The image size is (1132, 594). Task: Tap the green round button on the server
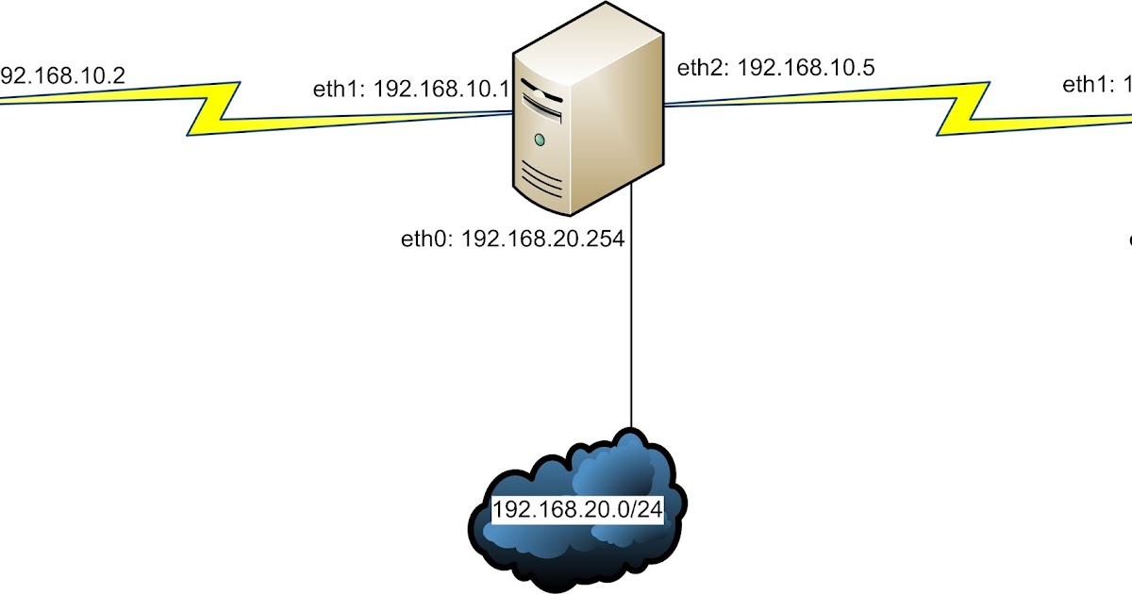coord(539,140)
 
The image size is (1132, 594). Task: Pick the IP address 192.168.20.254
coord(542,239)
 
